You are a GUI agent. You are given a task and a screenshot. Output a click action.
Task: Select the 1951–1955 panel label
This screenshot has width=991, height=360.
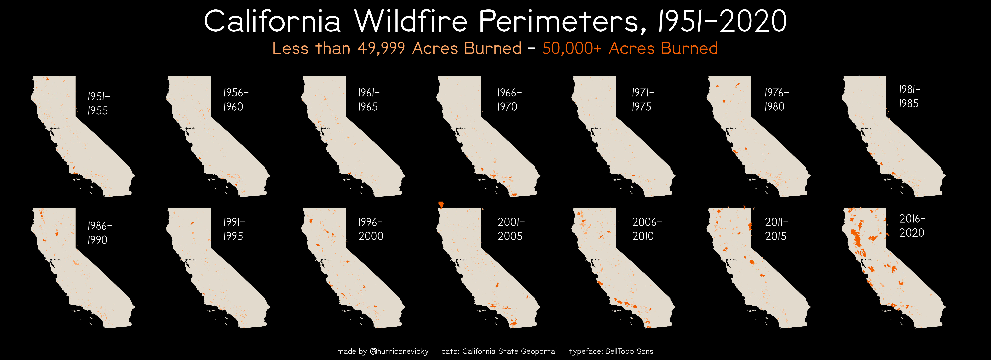(98, 104)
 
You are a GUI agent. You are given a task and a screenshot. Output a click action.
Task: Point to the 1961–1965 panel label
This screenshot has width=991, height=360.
(369, 100)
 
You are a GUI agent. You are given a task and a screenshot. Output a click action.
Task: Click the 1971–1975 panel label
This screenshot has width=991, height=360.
(642, 100)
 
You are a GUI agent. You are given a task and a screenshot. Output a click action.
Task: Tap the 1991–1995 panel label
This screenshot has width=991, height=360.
(234, 229)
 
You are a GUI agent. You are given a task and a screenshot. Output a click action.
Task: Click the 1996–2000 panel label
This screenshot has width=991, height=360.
(370, 229)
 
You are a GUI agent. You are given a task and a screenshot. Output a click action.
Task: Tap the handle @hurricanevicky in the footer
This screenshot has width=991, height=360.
(399, 351)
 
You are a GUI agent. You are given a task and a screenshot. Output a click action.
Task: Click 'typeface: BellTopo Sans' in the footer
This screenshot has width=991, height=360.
(611, 351)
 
